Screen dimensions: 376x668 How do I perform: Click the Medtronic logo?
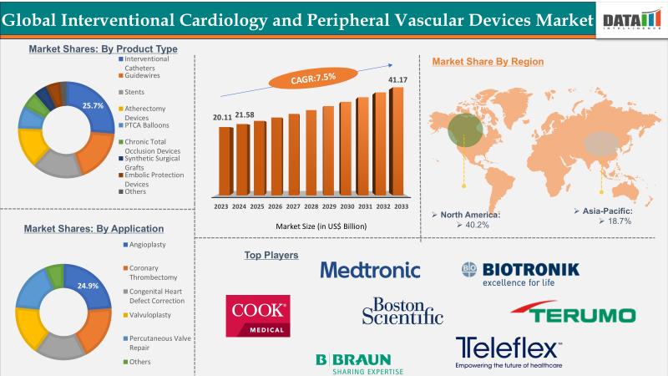point(370,270)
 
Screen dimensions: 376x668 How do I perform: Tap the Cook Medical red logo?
point(257,315)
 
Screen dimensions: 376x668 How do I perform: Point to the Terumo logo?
point(573,314)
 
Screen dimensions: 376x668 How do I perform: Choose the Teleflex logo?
point(509,352)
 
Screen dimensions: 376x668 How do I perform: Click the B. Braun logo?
point(360,362)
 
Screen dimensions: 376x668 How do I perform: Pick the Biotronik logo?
point(519,272)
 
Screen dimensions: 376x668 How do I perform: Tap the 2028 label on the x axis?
point(311,206)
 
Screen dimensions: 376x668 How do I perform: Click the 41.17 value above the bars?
point(396,80)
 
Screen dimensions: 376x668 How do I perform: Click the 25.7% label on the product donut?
point(92,106)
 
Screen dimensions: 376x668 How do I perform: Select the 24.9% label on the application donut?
point(87,286)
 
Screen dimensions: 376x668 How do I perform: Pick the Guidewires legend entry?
point(143,75)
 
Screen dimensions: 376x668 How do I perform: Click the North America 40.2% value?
point(478,224)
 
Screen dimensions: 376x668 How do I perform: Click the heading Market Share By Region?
point(488,61)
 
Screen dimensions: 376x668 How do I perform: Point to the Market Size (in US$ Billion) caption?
point(311,226)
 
